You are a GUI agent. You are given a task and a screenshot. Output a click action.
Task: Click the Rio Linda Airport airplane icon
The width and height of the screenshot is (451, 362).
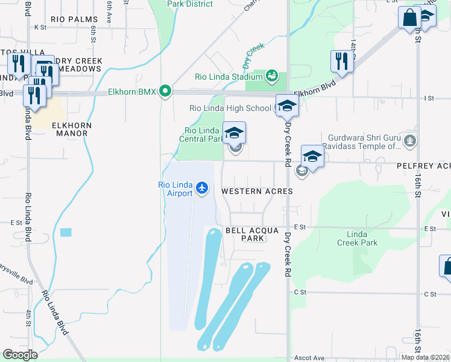point(201,188)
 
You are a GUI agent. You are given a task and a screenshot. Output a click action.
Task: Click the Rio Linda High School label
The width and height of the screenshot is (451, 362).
point(230,109)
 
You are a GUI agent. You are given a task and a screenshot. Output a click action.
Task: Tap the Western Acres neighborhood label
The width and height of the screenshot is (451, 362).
point(257,191)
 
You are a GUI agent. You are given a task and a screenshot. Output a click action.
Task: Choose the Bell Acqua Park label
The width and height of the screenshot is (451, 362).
point(245,234)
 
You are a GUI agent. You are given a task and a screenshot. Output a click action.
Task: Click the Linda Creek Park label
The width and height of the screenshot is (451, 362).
point(362,238)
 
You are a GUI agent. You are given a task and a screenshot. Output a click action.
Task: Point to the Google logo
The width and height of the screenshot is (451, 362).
point(20,355)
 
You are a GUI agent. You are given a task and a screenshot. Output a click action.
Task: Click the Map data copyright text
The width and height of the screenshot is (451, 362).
point(425,357)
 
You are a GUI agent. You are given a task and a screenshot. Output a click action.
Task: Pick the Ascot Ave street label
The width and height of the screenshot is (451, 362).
point(309,358)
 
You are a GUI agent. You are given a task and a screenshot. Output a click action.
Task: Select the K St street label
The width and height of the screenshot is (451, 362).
point(40,27)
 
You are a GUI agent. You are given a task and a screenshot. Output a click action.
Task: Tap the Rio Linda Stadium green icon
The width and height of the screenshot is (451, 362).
point(272,76)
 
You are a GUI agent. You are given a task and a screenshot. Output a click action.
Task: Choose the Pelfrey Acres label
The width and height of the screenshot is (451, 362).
point(423,166)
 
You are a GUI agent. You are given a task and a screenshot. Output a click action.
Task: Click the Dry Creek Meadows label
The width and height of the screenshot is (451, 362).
point(78,65)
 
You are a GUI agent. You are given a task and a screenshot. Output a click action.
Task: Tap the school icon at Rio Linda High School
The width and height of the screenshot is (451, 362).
point(287,106)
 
